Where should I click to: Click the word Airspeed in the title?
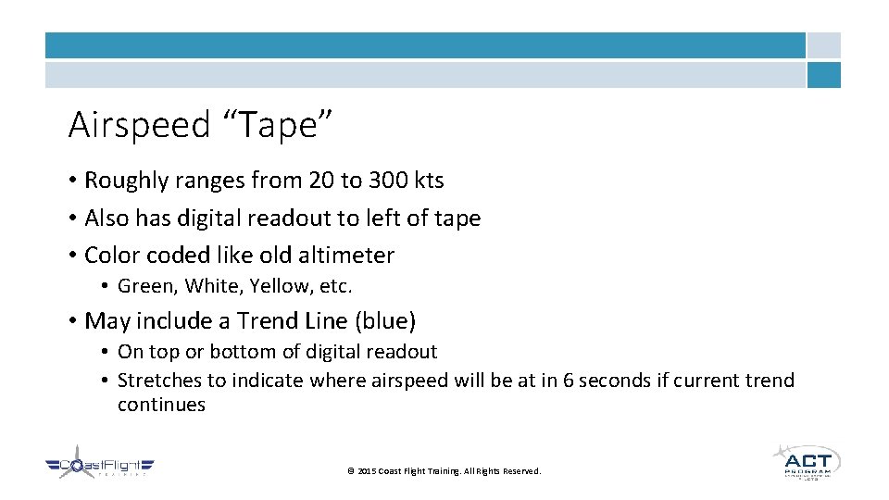click(x=139, y=125)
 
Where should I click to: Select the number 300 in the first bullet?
click(x=368, y=181)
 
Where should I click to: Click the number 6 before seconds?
click(x=569, y=381)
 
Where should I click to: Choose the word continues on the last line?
click(x=161, y=405)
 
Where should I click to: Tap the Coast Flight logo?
click(x=100, y=467)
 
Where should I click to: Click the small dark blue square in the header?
click(x=823, y=75)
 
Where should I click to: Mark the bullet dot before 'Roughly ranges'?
click(x=71, y=181)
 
